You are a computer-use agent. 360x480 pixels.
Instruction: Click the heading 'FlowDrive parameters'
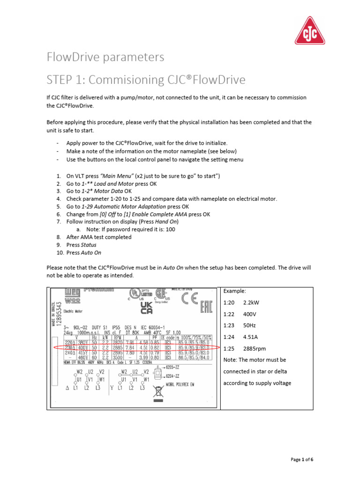click(x=105, y=57)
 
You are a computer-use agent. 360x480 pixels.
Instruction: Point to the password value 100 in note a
click(x=171, y=229)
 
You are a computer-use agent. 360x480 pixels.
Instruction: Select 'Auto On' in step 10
click(x=91, y=252)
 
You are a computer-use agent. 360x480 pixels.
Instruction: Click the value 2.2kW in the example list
click(x=252, y=303)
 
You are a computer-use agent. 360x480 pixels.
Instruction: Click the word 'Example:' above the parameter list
click(x=235, y=291)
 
